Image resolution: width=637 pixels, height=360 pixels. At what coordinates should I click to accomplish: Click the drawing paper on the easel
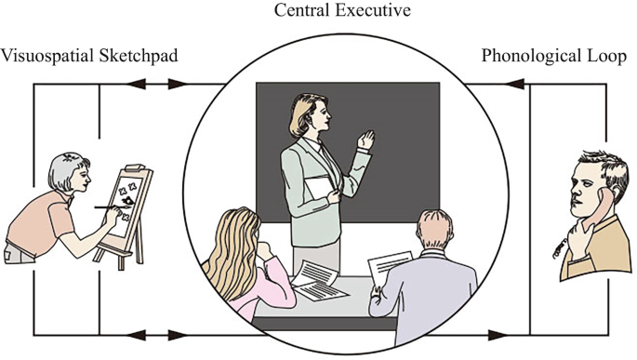click(131, 199)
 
